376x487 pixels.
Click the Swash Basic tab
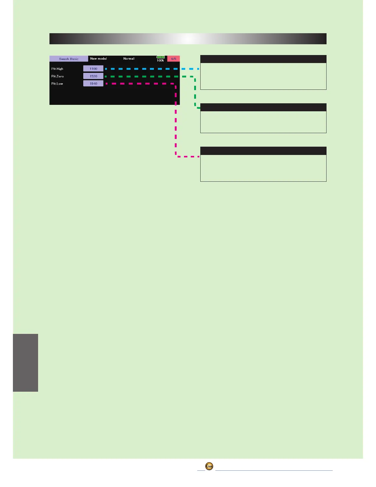69,59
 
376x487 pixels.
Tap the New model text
98,58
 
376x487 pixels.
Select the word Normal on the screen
129,58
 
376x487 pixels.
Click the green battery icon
161,57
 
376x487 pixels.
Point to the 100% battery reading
160,61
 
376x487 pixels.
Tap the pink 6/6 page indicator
174,59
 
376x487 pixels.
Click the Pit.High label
57,69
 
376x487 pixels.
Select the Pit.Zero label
57,76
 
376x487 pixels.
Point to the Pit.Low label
57,84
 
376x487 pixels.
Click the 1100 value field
93,69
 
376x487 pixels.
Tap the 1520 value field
93,76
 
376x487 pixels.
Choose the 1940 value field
93,84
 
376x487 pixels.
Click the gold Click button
209,466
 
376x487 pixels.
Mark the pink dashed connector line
176,123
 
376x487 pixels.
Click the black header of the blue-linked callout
263,59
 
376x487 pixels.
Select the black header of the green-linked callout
263,107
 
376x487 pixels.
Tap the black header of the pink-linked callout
263,151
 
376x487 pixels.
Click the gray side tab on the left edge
25,362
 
